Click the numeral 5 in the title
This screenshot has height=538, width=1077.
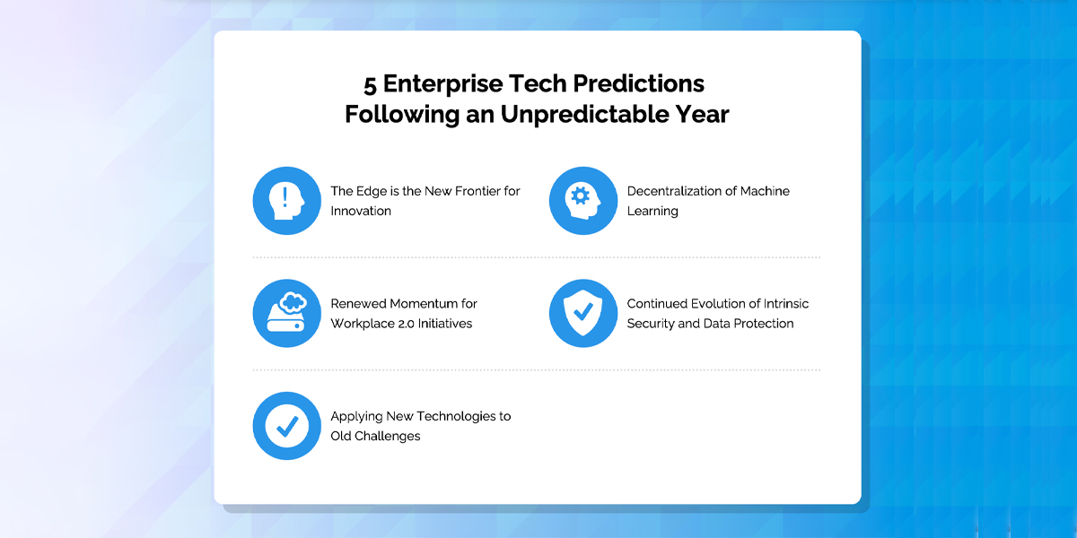[x=370, y=84]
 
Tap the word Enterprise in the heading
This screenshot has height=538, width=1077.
[x=442, y=84]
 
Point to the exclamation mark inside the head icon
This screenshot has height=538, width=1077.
[x=285, y=197]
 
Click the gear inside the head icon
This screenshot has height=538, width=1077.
[x=581, y=196]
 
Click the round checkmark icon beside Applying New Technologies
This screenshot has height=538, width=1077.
[x=287, y=426]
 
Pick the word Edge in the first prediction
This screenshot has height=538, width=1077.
[x=372, y=192]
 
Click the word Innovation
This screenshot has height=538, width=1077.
[x=361, y=211]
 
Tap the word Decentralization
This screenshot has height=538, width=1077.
[x=674, y=191]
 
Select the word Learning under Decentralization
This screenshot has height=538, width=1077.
[x=652, y=212]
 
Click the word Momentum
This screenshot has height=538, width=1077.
[x=423, y=304]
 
